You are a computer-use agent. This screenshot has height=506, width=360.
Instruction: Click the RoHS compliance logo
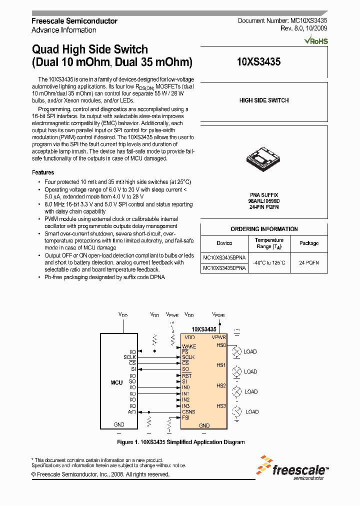[316, 40]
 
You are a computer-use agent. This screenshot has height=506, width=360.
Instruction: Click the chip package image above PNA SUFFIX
[263, 158]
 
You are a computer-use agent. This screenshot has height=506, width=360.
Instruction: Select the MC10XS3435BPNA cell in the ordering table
[224, 257]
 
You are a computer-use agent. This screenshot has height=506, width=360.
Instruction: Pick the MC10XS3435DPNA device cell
[224, 268]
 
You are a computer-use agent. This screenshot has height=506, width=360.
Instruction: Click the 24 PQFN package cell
[308, 262]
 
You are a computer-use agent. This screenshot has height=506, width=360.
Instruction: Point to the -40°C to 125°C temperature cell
[269, 262]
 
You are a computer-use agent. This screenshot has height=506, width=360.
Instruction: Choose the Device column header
[224, 243]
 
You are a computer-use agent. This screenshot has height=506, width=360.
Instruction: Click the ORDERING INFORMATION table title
[264, 229]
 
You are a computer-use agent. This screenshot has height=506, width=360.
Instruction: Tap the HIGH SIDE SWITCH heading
[264, 100]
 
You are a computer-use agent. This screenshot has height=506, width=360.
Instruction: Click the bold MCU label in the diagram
[116, 382]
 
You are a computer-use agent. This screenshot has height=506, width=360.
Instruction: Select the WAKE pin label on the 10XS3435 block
[189, 346]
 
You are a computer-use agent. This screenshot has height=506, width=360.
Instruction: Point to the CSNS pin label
[188, 411]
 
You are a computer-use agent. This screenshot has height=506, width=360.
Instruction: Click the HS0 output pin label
[221, 345]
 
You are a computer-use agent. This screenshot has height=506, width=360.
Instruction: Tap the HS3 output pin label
[221, 406]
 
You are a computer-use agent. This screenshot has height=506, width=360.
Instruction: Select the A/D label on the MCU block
[132, 411]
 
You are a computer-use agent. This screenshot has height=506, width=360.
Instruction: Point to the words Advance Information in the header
[64, 30]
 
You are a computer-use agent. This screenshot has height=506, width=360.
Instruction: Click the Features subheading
[43, 172]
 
